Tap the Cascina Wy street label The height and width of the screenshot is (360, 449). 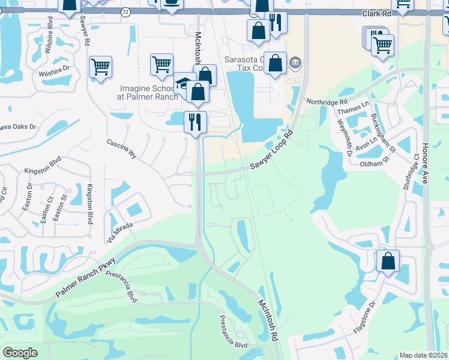122,149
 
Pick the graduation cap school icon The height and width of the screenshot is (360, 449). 183,83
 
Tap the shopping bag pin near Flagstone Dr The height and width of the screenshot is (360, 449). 388,261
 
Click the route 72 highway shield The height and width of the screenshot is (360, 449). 125,11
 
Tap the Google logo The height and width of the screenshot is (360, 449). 20,353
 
